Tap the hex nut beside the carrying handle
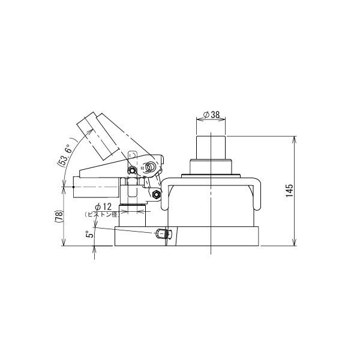pos(156,193)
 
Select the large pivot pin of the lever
pos(152,166)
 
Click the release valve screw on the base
pos(161,233)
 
